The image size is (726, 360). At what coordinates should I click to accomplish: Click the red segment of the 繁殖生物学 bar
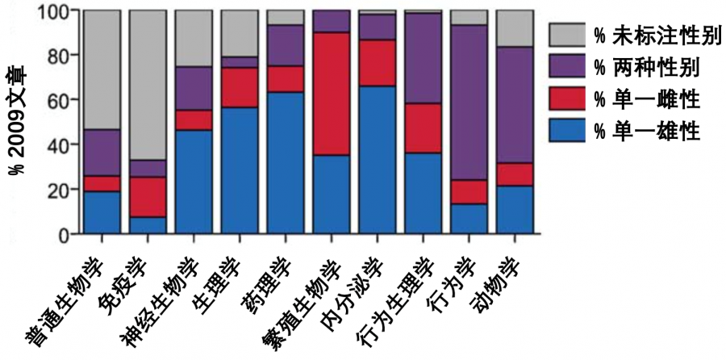pos(331,94)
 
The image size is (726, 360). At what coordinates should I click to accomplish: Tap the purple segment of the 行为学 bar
pos(468,102)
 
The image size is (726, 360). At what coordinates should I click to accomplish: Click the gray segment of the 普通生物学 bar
pos(101,69)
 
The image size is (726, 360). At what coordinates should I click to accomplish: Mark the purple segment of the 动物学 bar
pos(514,105)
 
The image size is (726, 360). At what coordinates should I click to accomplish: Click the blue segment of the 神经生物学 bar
pos(193,182)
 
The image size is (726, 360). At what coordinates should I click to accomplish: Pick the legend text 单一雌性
pos(646,98)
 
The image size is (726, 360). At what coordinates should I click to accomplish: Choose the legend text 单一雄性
pos(646,131)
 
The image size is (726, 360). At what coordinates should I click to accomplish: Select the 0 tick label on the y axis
pos(65,234)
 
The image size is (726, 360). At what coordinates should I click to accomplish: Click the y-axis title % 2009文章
pos(17,121)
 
